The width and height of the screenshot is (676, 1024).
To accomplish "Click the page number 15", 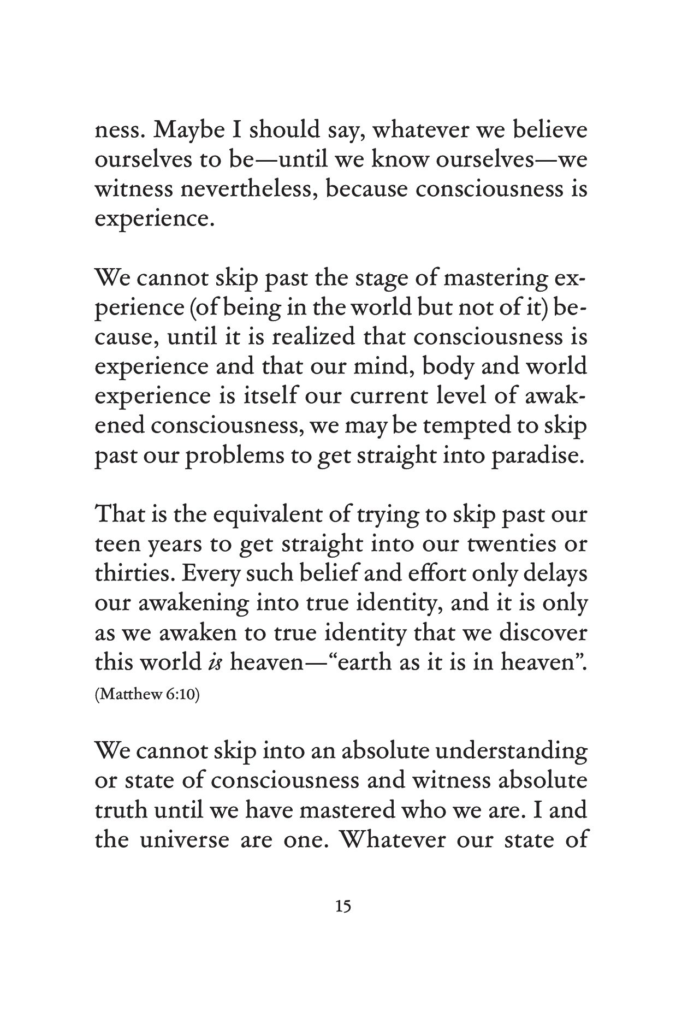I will (x=343, y=907).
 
